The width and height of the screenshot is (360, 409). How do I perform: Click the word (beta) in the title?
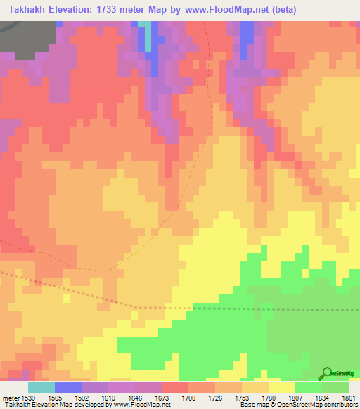click(281, 10)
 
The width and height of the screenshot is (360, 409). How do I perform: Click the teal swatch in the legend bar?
click(41, 387)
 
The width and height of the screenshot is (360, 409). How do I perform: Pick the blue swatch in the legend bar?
click(68, 387)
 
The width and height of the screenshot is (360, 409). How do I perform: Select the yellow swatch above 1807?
click(281, 387)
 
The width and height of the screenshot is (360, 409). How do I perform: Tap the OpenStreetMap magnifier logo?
click(327, 375)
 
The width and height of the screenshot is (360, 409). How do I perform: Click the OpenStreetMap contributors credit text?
click(326, 405)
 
